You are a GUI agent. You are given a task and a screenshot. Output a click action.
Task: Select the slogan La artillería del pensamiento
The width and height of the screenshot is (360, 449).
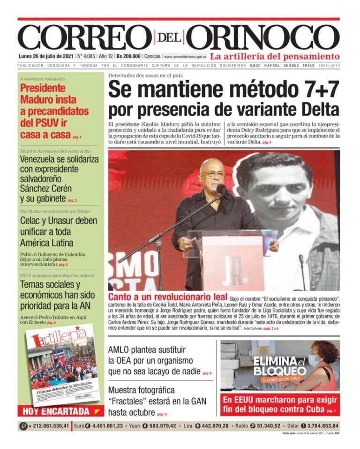(x=274, y=56)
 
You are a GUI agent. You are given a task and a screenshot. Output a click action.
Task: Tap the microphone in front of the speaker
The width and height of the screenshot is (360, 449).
(x=224, y=190)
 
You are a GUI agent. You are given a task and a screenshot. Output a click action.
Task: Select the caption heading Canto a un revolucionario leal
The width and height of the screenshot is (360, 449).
(x=167, y=297)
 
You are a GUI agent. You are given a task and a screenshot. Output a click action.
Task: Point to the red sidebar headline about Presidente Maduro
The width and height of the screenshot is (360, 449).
(x=54, y=111)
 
